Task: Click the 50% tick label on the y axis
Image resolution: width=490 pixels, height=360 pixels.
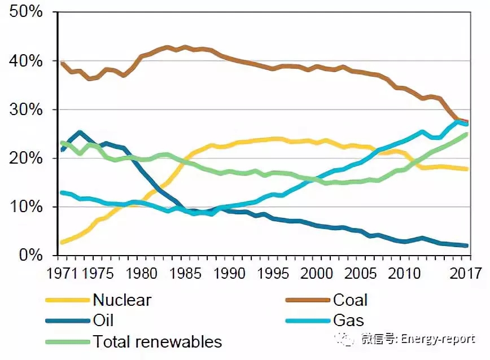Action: (x=26, y=12)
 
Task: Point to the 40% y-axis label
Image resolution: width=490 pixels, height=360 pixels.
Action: (x=26, y=61)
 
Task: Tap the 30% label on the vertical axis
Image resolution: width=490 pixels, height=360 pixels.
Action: (x=26, y=109)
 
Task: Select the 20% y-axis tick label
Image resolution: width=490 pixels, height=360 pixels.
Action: (x=26, y=159)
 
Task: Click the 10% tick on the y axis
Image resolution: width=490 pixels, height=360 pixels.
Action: (x=26, y=207)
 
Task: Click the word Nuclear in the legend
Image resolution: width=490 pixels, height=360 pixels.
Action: (x=122, y=300)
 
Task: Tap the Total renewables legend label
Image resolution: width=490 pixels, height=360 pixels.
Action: (x=158, y=341)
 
